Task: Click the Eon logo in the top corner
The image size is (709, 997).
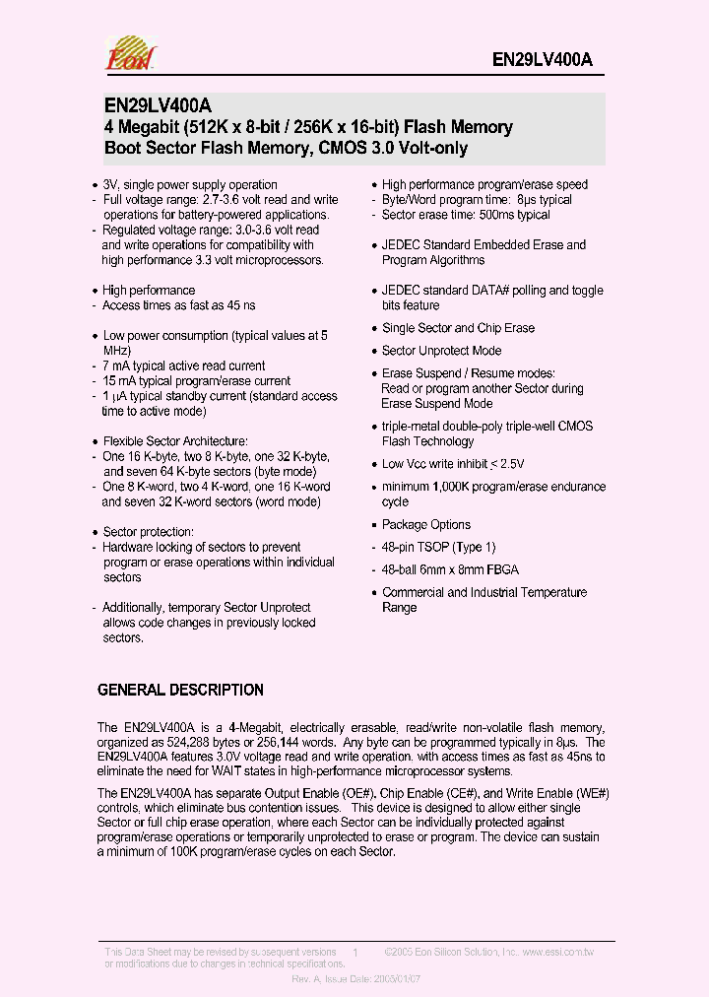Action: pyautogui.click(x=130, y=54)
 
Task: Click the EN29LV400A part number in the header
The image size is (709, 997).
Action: pyautogui.click(x=542, y=59)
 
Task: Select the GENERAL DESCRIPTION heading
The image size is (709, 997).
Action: pyautogui.click(x=180, y=690)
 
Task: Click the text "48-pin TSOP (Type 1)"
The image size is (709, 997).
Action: pyautogui.click(x=439, y=547)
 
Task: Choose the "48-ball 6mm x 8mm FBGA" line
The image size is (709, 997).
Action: pyautogui.click(x=450, y=569)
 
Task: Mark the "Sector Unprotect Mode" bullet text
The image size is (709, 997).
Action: pyautogui.click(x=441, y=351)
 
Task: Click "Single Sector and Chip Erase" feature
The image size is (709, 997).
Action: pyautogui.click(x=458, y=328)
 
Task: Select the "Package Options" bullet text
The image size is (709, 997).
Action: pyautogui.click(x=426, y=524)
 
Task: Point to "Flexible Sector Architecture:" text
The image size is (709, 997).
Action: pyautogui.click(x=175, y=441)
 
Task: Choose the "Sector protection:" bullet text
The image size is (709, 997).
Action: pyautogui.click(x=148, y=532)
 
